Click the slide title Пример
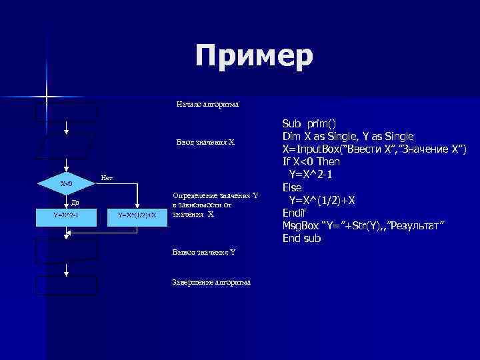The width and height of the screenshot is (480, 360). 254,57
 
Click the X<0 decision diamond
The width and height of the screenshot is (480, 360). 67,183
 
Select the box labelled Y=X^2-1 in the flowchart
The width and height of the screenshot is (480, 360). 67,215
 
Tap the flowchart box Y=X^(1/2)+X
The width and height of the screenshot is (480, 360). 137,215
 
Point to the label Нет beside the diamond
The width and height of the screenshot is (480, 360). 106,178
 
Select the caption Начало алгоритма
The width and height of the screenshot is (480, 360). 207,105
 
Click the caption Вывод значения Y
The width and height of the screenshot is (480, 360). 203,252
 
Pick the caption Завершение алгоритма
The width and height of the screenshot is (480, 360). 211,283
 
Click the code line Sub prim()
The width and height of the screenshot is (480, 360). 310,123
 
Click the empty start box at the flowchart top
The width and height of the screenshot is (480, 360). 67,111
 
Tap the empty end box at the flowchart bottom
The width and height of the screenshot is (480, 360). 67,285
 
